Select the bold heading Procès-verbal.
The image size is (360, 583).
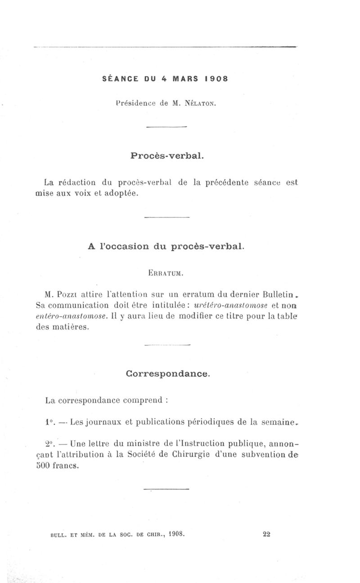[167, 156]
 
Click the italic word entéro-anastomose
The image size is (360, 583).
[71, 316]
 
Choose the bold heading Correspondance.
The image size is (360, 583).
[167, 374]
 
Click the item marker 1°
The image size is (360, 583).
[49, 422]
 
